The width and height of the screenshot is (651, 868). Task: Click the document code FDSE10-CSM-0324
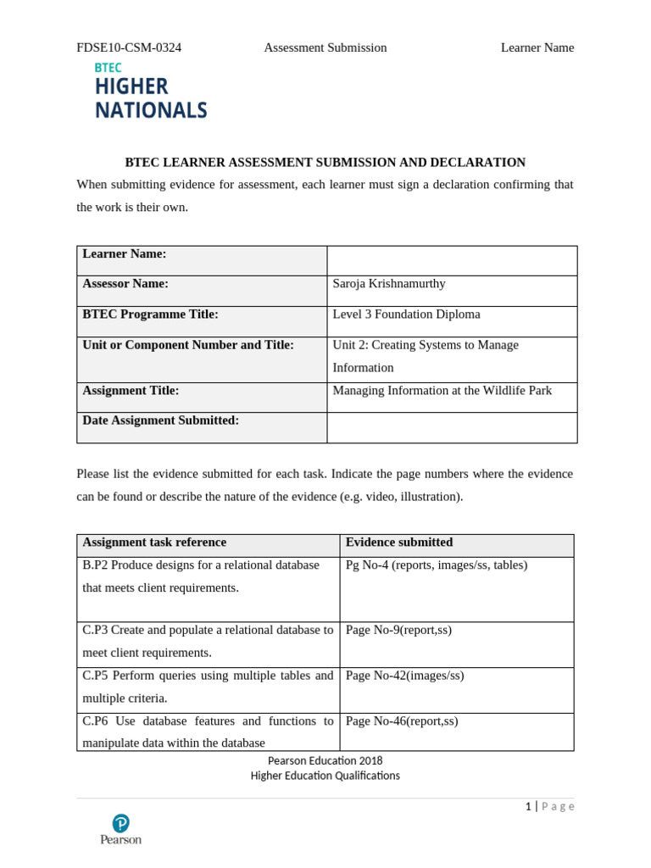point(129,47)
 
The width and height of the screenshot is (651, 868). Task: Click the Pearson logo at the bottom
point(120,829)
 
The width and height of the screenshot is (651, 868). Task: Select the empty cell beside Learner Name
point(452,260)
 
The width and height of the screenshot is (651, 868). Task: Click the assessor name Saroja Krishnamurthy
point(389,284)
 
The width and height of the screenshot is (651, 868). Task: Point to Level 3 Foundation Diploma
point(406,314)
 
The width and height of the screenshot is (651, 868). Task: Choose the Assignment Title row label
point(131,391)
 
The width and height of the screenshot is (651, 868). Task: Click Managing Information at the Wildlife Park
point(442,391)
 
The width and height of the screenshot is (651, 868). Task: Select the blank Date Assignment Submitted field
point(452,427)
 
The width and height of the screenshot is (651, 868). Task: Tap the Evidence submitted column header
point(399,542)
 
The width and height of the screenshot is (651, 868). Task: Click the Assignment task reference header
point(154,542)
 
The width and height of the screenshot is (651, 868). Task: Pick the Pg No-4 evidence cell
point(437,565)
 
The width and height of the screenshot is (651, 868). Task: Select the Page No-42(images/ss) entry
point(404,676)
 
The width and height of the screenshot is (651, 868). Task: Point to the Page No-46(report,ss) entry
point(402,721)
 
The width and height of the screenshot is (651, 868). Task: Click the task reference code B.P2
point(95,565)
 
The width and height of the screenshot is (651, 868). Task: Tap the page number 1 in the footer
point(528,807)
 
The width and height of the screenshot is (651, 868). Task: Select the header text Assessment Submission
point(325,47)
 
